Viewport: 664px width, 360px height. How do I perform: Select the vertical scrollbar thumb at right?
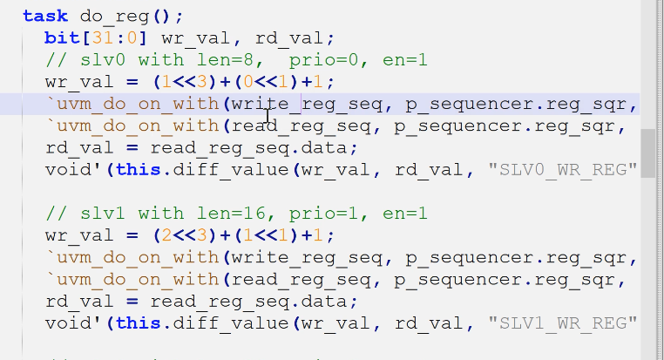click(x=647, y=153)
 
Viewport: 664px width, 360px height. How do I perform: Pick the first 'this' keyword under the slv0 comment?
click(x=137, y=168)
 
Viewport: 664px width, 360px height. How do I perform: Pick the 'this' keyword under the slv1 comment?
click(x=137, y=323)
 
